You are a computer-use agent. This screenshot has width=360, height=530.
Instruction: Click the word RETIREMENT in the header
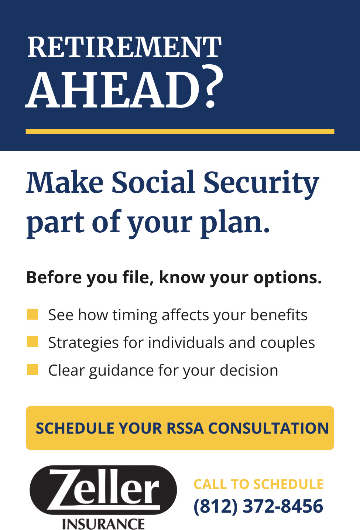pyautogui.click(x=124, y=47)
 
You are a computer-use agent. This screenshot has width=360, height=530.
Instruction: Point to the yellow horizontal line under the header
pyautogui.click(x=180, y=131)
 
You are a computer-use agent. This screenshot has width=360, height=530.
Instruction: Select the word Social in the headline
pyautogui.click(x=153, y=182)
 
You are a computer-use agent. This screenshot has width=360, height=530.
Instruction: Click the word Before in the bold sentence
pyautogui.click(x=54, y=277)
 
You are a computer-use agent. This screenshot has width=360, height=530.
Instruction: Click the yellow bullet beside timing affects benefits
pyautogui.click(x=32, y=314)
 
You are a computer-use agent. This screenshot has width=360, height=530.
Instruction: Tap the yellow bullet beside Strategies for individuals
pyautogui.click(x=32, y=342)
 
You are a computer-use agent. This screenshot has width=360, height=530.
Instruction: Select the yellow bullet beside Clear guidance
pyautogui.click(x=32, y=370)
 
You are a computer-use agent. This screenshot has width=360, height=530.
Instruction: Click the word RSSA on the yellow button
pyautogui.click(x=185, y=428)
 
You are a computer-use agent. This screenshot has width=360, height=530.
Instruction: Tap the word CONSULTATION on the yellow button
pyautogui.click(x=268, y=428)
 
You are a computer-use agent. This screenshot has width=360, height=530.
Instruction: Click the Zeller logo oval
pyautogui.click(x=103, y=490)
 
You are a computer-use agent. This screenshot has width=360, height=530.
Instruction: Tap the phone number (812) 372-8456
pyautogui.click(x=258, y=506)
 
